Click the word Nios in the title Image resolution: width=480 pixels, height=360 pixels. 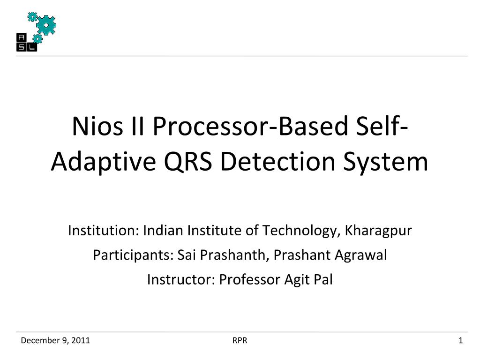click(97, 126)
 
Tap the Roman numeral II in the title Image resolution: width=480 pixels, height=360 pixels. click(137, 126)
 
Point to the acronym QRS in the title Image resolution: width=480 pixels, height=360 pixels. click(188, 161)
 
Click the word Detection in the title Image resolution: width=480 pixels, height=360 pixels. click(277, 161)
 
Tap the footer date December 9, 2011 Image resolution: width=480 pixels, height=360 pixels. click(55, 340)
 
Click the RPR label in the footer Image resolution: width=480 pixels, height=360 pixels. click(240, 340)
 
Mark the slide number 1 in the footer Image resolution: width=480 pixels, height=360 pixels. click(460, 340)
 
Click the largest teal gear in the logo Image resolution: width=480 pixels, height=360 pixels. click(46, 25)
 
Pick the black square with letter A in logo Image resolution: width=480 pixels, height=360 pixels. click(22, 37)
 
